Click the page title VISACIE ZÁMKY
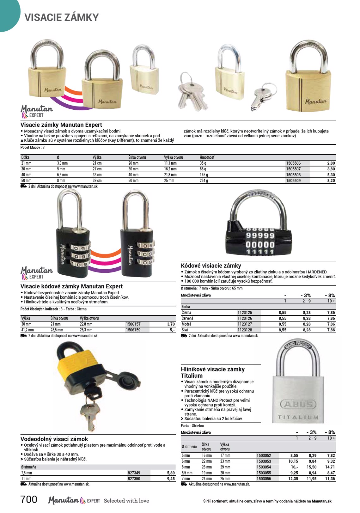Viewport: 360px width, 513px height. (x=62, y=17)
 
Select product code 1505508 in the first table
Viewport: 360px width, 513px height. (x=293, y=175)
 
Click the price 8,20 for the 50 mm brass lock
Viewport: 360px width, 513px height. (x=331, y=181)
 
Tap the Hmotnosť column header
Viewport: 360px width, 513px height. (x=207, y=157)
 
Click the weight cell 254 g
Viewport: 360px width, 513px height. (x=204, y=181)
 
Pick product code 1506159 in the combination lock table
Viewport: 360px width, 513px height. (x=133, y=330)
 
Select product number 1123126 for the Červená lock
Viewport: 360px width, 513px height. (x=245, y=319)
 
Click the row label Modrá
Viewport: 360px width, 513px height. (x=186, y=324)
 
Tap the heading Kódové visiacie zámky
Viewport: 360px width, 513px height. (x=211, y=266)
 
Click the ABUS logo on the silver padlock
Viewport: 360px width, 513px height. (x=298, y=404)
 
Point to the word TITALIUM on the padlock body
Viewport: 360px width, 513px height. (x=298, y=418)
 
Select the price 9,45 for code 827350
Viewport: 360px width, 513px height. (x=171, y=479)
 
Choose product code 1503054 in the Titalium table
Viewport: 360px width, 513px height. (x=264, y=467)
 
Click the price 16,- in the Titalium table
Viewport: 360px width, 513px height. (x=294, y=467)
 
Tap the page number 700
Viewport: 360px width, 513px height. (x=29, y=500)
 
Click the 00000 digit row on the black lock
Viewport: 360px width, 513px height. (x=260, y=245)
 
